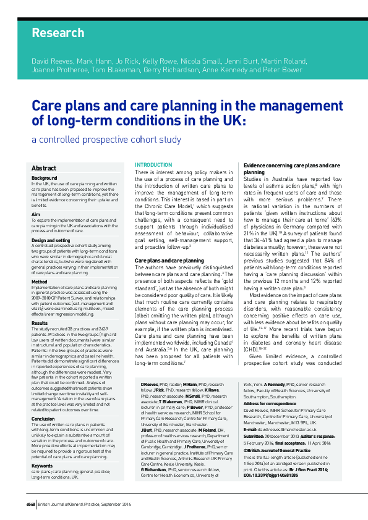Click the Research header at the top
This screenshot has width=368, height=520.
(x=58, y=33)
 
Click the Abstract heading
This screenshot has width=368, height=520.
(x=44, y=168)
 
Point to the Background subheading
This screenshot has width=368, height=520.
(x=44, y=178)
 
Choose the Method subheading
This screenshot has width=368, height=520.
(x=39, y=282)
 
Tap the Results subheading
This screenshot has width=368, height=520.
(x=40, y=322)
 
